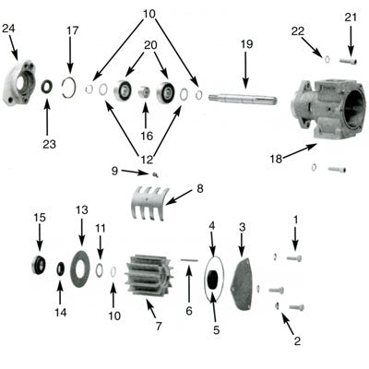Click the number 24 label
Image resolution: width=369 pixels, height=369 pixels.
click(9, 29)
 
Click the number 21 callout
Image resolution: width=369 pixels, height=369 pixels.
click(351, 18)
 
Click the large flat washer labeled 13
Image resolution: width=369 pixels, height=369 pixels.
click(80, 267)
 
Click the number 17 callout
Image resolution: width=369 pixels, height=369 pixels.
click(72, 30)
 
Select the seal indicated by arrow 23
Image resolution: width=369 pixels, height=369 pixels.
click(46, 87)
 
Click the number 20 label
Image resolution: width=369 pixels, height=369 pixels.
click(149, 45)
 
